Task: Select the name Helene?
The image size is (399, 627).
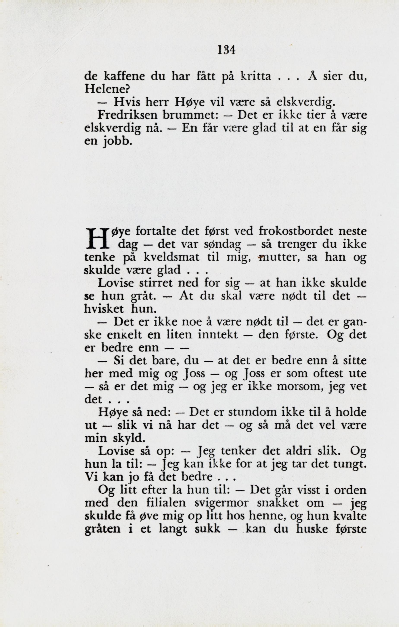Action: click(107, 90)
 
